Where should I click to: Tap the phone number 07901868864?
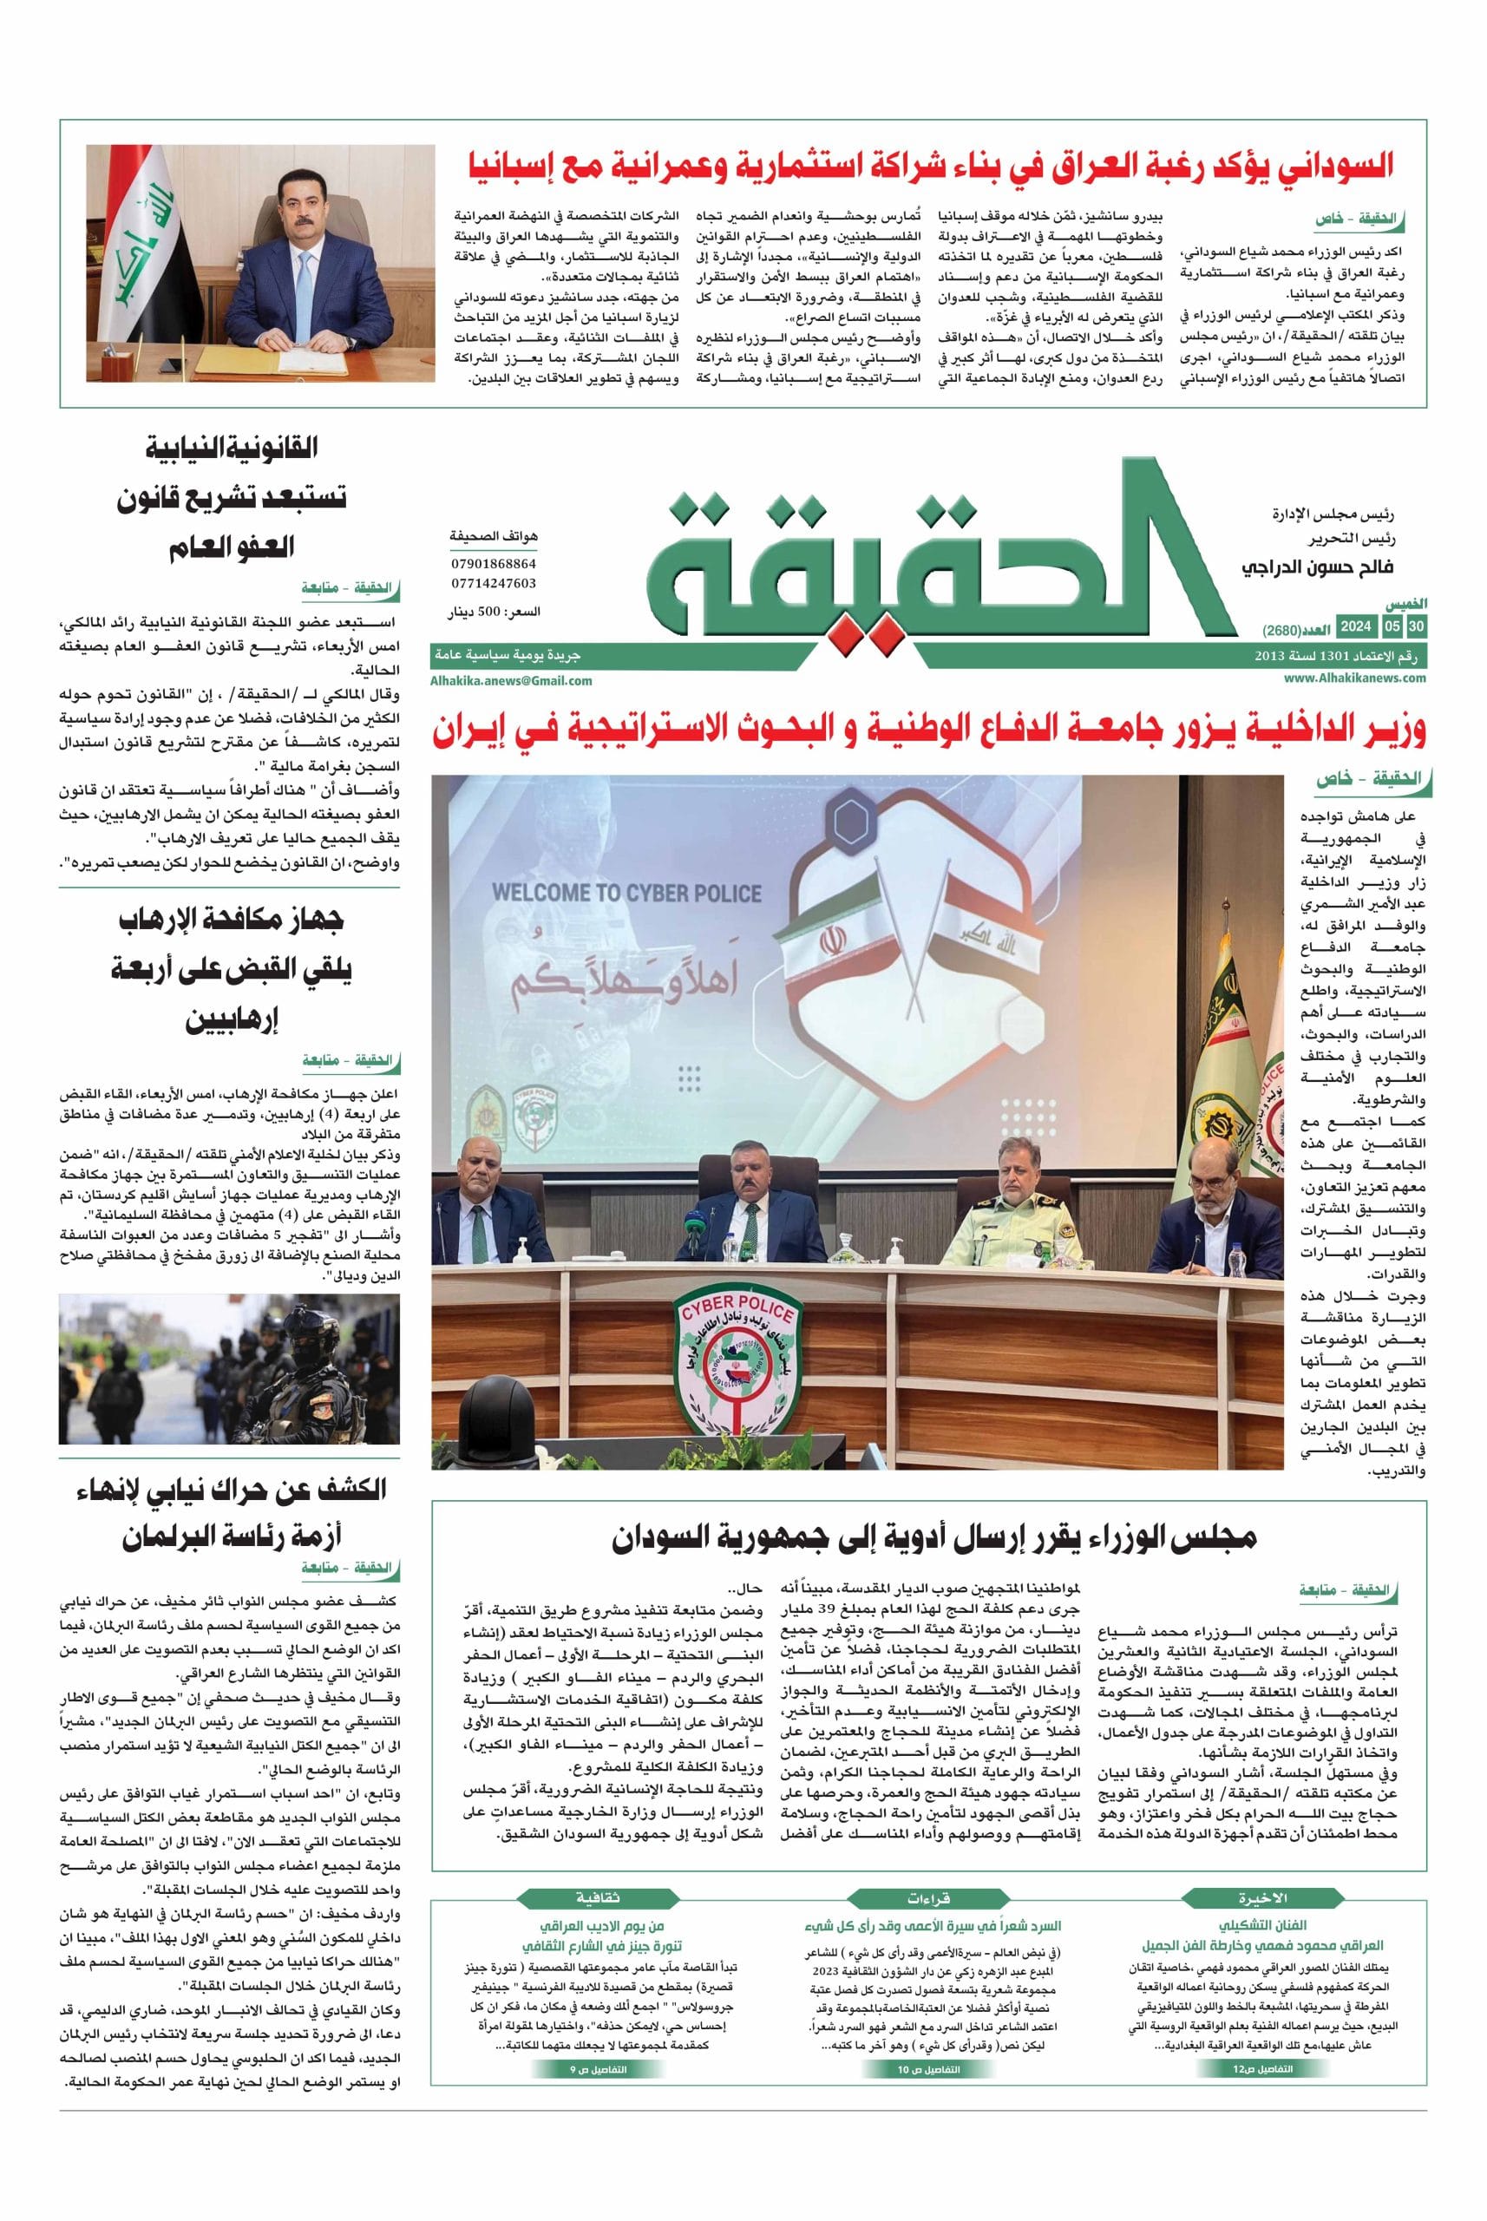495,563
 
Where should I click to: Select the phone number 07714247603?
495,583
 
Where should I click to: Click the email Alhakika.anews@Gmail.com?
511,680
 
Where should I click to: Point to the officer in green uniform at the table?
1009,1202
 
